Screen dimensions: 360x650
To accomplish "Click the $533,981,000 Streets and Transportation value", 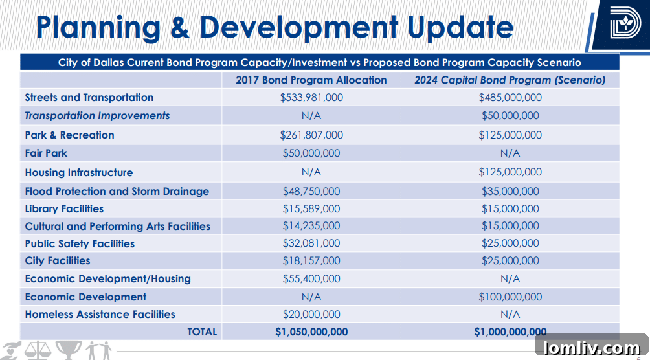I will pos(311,98).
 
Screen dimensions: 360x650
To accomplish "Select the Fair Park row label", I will pos(46,153).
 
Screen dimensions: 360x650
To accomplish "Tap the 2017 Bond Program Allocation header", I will pos(311,80).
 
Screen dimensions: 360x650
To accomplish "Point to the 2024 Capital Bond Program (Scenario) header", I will pos(510,80).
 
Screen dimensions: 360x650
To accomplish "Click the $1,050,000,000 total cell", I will pos(311,332).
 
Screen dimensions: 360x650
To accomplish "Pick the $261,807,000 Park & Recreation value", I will pos(311,135).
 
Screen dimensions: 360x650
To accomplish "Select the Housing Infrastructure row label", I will pos(79,173).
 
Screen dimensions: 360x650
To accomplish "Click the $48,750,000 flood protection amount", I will pos(311,192).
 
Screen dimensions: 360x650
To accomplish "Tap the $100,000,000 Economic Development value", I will pos(510,297).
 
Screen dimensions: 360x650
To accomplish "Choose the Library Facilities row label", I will pos(64,209).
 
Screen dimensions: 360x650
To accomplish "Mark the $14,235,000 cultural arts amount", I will pos(311,227).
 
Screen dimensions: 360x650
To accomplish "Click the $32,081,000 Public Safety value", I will pos(311,244).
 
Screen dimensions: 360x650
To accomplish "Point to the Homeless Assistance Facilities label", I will pos(100,315).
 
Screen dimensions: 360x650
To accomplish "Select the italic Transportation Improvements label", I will pos(97,116).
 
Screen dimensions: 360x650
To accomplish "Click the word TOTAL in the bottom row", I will pos(202,332).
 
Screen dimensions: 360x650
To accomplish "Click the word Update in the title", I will pos(460,27).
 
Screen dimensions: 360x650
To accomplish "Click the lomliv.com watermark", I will pos(591,348).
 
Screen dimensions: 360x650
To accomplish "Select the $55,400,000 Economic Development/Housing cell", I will pos(311,279).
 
